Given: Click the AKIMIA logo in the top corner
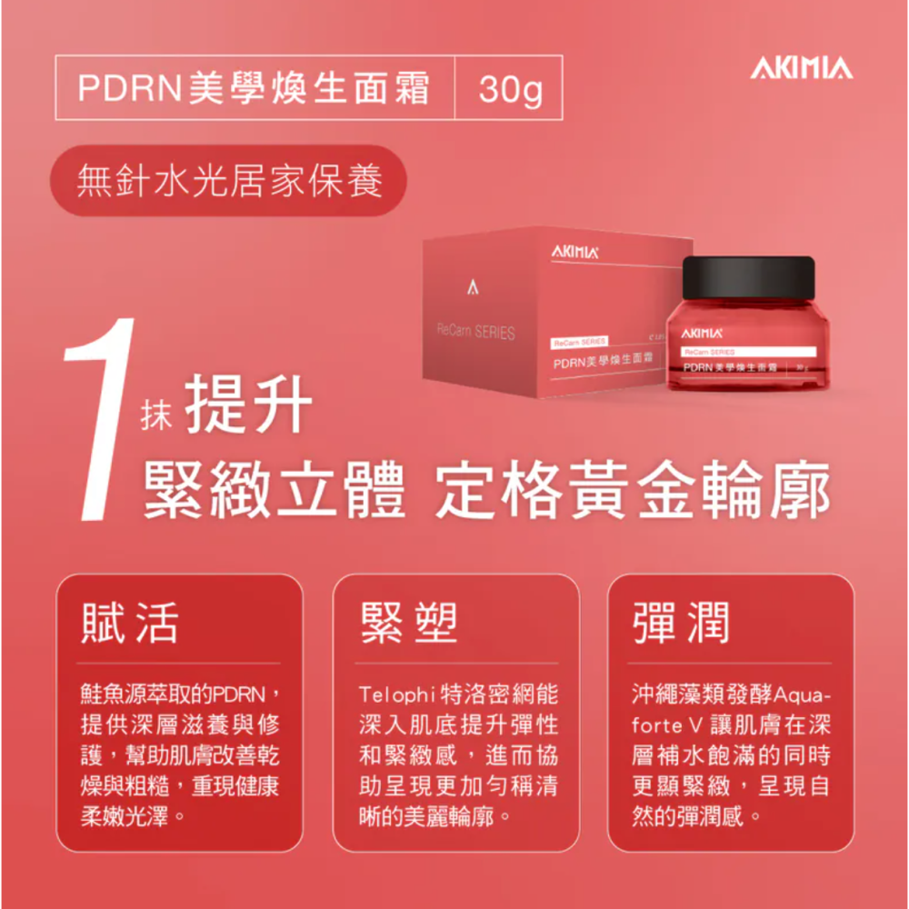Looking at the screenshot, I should click(x=801, y=69).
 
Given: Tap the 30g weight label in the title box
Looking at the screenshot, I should click(x=510, y=88).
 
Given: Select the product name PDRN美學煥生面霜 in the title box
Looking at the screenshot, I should click(x=254, y=88).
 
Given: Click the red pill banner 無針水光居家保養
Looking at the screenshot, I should click(x=228, y=180).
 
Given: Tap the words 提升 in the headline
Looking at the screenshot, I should click(x=248, y=405).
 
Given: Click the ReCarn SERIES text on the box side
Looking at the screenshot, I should click(x=475, y=333).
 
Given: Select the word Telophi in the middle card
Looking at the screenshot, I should click(x=396, y=695).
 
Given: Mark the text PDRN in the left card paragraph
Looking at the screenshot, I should click(x=238, y=695).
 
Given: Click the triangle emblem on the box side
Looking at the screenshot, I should click(x=472, y=288).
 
